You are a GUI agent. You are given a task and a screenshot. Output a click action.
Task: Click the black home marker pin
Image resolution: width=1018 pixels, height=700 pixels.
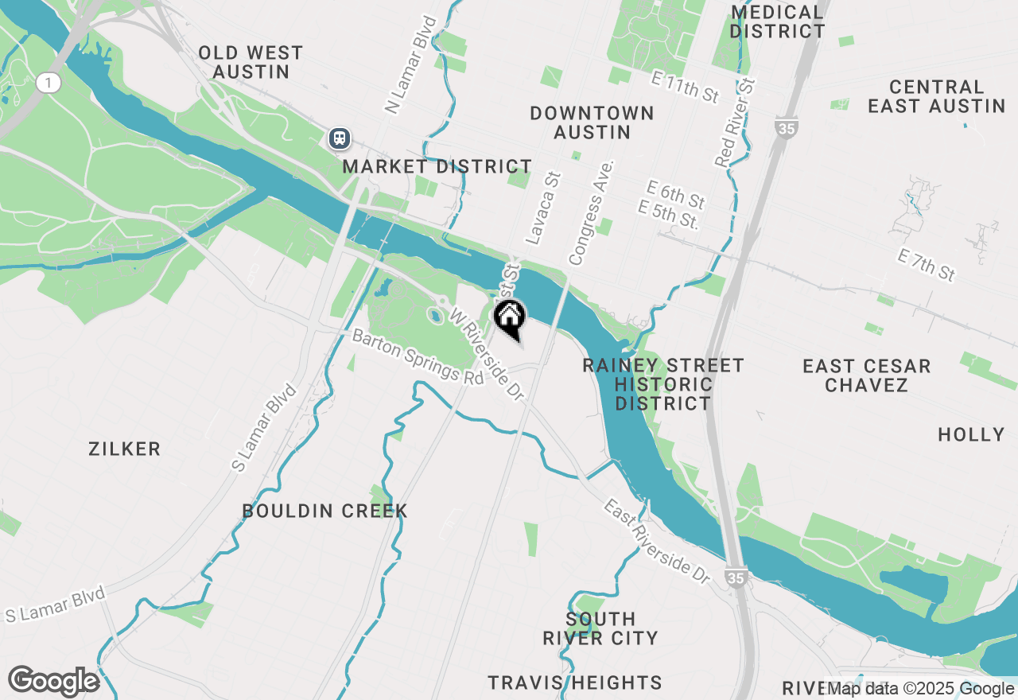pyautogui.click(x=509, y=317)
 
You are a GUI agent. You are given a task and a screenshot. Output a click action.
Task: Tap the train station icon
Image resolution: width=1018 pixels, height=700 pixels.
pyautogui.click(x=340, y=138)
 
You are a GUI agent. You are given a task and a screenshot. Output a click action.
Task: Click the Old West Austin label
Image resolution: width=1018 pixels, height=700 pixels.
pyautogui.click(x=251, y=63)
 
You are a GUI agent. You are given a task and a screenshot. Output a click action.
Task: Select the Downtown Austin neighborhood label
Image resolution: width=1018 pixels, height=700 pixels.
pyautogui.click(x=592, y=122)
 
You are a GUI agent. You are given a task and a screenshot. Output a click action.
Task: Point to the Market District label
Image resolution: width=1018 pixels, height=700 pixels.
pyautogui.click(x=437, y=167)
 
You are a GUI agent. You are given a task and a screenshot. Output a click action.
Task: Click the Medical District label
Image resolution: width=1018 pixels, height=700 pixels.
pyautogui.click(x=777, y=22)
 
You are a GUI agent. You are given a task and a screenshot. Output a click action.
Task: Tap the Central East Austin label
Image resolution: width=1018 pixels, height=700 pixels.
pyautogui.click(x=936, y=96)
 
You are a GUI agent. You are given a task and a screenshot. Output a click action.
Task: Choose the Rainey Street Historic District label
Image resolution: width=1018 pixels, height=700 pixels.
pyautogui.click(x=663, y=384)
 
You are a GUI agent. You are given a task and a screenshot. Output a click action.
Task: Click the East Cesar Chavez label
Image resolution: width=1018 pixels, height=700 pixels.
pyautogui.click(x=866, y=375)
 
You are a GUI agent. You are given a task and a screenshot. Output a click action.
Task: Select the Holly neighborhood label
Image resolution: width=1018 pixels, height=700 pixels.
pyautogui.click(x=971, y=434)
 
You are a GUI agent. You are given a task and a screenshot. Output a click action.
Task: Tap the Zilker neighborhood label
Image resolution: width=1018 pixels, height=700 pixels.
pyautogui.click(x=125, y=449)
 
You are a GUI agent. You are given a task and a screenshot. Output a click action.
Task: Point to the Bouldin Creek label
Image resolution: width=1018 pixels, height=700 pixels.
pyautogui.click(x=324, y=511)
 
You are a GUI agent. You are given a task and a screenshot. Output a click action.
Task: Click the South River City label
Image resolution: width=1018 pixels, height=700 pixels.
pyautogui.click(x=600, y=628)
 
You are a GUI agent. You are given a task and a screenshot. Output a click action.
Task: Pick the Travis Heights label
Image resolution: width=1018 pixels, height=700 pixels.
pyautogui.click(x=575, y=682)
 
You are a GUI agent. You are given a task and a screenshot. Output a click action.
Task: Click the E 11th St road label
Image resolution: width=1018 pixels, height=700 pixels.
pyautogui.click(x=685, y=87)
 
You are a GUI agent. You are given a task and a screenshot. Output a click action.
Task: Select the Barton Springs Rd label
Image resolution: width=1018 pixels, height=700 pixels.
pyautogui.click(x=418, y=358)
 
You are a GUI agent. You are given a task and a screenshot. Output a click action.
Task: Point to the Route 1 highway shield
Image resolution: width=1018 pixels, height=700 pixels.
pyautogui.click(x=49, y=82)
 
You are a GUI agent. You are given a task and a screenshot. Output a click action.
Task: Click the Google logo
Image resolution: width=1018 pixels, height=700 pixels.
pyautogui.click(x=53, y=682)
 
